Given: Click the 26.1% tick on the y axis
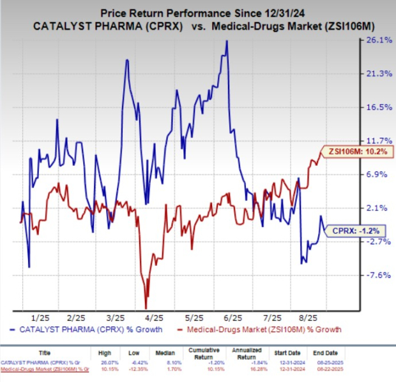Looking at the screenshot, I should point(372,40).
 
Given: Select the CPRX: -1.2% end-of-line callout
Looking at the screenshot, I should point(351,230).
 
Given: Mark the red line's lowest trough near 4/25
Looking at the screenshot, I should point(146,308).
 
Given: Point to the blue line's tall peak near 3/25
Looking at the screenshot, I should point(126,60).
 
